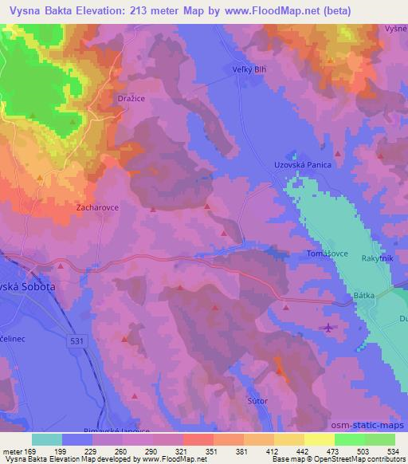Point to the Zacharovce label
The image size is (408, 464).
pyautogui.click(x=97, y=206)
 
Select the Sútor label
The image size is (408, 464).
pyautogui.click(x=257, y=400)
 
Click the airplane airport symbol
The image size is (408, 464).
pyautogui.click(x=329, y=327)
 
